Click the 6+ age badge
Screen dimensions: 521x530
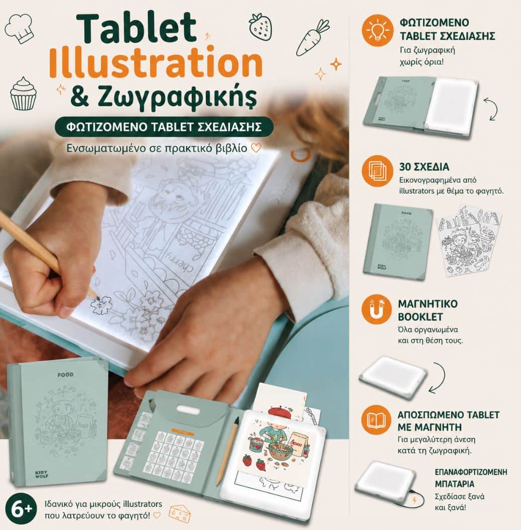(x=21, y=509)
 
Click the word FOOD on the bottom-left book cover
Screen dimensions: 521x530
(x=65, y=375)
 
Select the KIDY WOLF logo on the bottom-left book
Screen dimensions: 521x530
(x=42, y=474)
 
